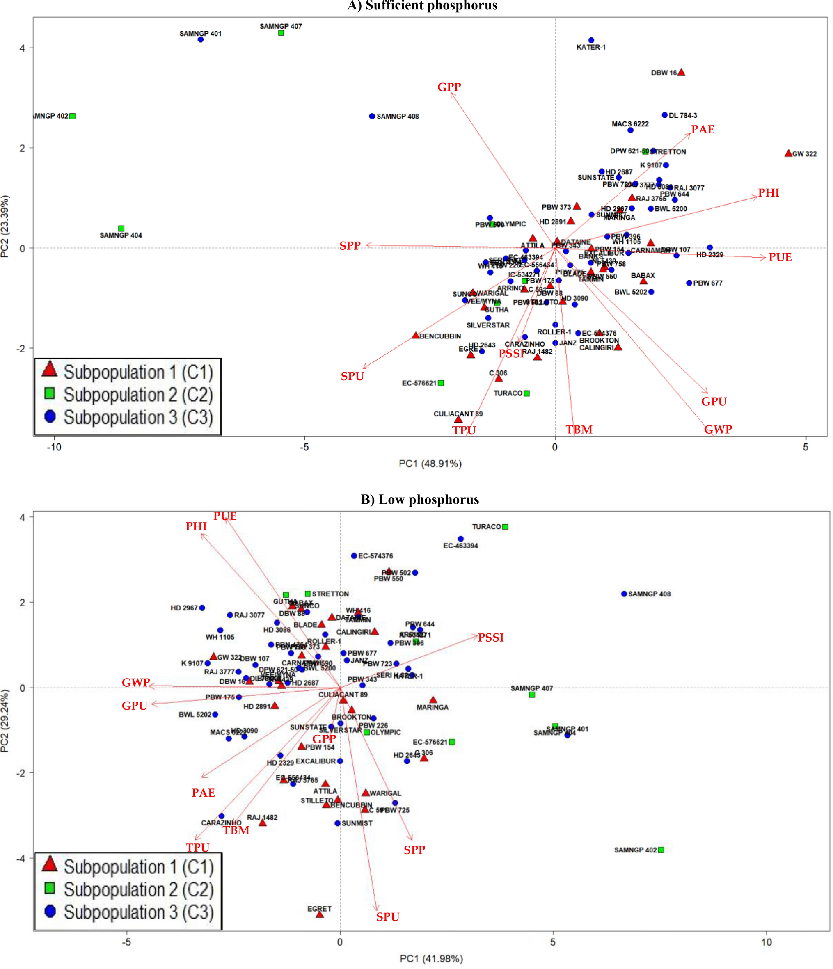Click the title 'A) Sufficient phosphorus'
click(422, 6)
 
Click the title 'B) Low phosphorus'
click(419, 499)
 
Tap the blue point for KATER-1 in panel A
click(591, 40)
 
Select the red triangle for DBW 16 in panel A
click(681, 72)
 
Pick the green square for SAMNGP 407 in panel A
click(281, 33)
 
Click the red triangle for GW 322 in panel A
click(788, 153)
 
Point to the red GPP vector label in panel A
click(449, 87)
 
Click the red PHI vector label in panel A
click(769, 193)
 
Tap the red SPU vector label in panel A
click(352, 376)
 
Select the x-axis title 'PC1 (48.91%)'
click(430, 464)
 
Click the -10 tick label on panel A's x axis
click(54, 447)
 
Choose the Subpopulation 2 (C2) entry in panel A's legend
click(138, 395)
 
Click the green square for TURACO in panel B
click(505, 527)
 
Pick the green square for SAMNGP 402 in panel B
click(660, 850)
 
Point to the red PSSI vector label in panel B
click(491, 638)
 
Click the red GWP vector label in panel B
click(136, 682)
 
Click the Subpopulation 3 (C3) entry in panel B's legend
click(138, 912)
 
